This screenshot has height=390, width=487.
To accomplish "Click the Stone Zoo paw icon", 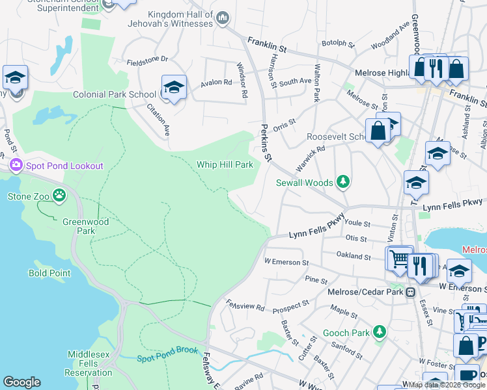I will [x=59, y=195].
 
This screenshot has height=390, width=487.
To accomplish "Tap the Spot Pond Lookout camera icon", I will [x=16, y=166].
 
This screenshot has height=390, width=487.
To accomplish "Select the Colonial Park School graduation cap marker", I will [x=174, y=87].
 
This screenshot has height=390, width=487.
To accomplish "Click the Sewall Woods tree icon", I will [x=342, y=183].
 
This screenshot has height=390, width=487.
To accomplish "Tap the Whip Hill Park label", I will [x=225, y=164].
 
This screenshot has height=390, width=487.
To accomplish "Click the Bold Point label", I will [x=49, y=273].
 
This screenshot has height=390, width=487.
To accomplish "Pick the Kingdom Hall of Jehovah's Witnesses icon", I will [x=223, y=18].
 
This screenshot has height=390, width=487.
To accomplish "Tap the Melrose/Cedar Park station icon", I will [x=410, y=292].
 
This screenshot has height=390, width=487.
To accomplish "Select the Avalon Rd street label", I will [x=216, y=83].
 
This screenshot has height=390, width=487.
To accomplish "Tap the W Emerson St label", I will [x=286, y=262].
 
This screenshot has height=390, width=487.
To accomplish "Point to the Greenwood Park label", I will [x=85, y=226].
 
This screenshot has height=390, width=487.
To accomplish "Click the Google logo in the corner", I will [x=21, y=382].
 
